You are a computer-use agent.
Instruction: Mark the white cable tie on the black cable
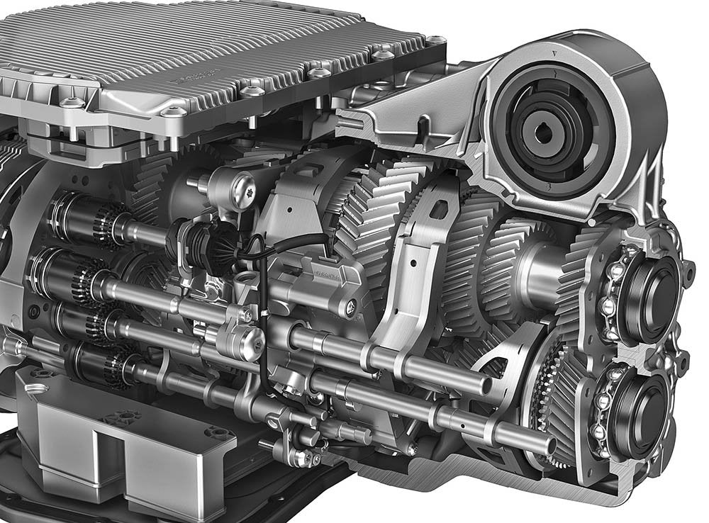tap(260, 310)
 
